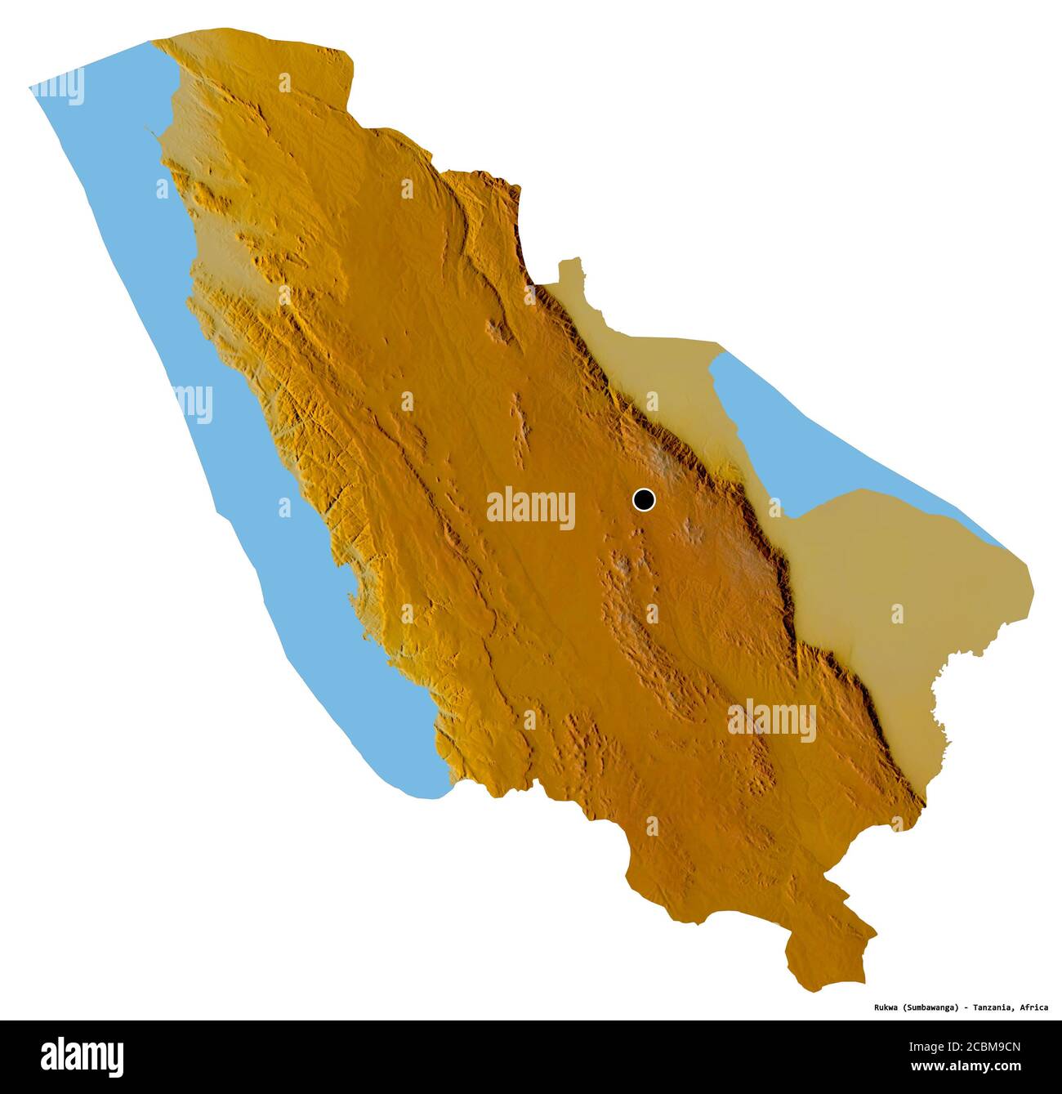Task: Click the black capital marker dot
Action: (644, 499)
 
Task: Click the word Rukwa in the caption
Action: (884, 1007)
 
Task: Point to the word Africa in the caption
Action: (1033, 1007)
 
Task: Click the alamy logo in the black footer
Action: (82, 1056)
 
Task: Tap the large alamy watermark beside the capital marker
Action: (531, 507)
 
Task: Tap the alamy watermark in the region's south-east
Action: (772, 720)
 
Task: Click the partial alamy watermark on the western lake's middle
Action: (194, 404)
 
